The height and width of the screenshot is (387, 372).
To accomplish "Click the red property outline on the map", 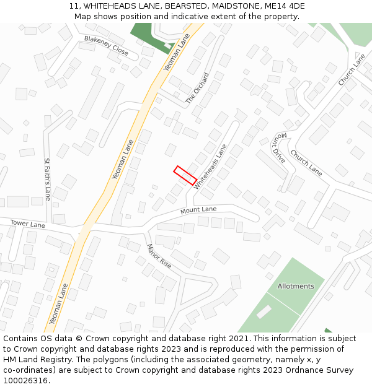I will coord(185,175).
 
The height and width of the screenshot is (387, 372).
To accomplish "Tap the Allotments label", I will coord(296,286).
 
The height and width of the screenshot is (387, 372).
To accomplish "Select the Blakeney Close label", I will coord(106,45).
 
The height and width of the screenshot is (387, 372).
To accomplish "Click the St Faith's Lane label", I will coord(47,179).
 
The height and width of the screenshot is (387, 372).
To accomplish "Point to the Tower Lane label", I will coord(28,224).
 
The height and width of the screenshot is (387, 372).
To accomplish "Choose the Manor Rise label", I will coord(159,256).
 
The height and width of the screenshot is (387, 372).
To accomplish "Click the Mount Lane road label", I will coord(198,210).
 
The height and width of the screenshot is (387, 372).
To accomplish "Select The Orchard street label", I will coord(197,89).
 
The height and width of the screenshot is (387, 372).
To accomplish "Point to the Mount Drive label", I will coord(278,147).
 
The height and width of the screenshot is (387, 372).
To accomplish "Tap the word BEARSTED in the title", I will coord(185,6).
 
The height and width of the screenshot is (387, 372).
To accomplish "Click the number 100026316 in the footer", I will coord(25,381).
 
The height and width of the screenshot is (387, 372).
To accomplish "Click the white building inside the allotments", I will coord(263,312).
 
